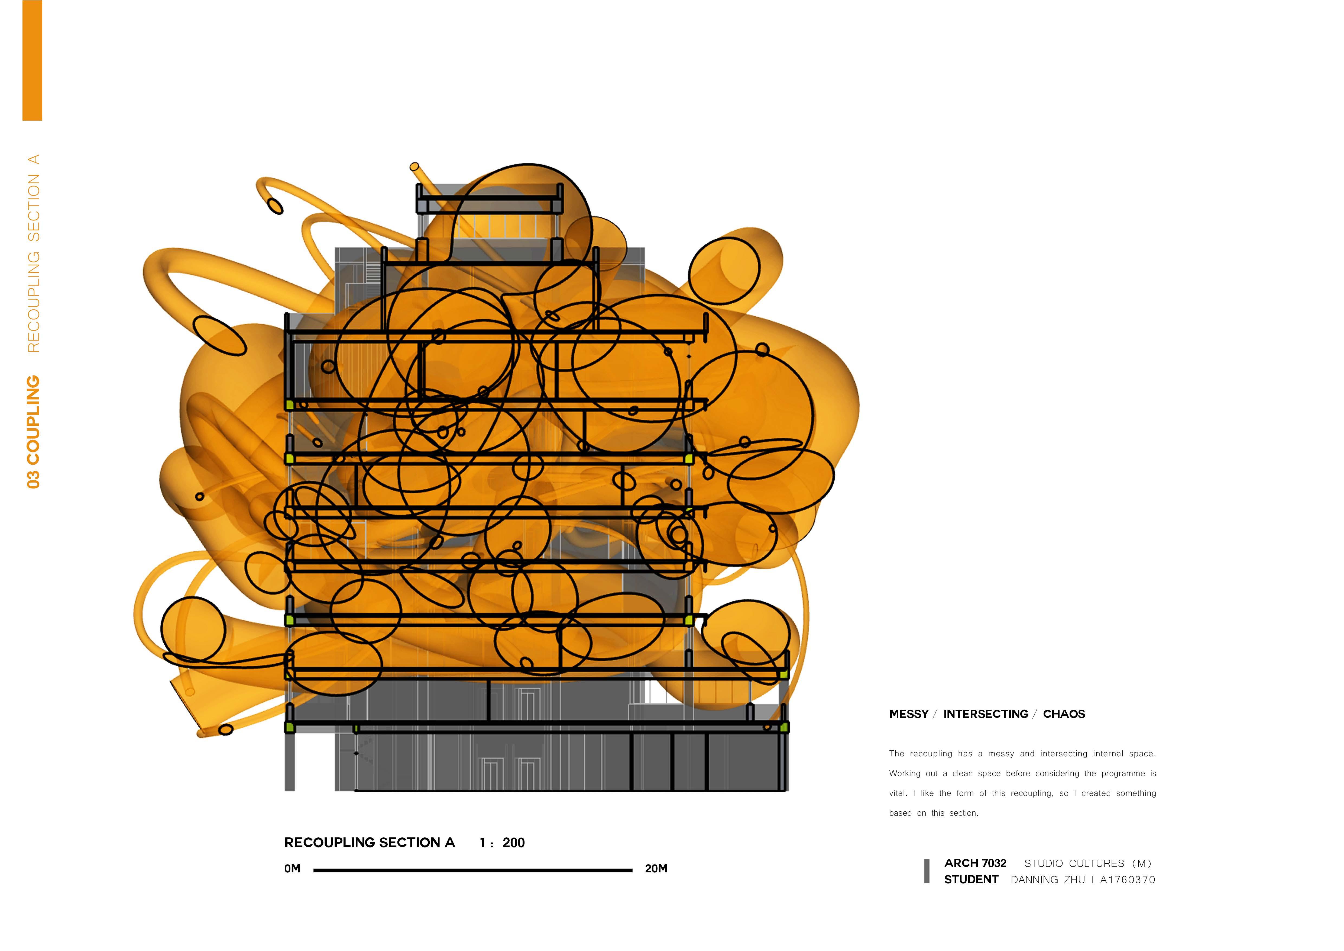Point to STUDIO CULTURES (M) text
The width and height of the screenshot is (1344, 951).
coord(1088,864)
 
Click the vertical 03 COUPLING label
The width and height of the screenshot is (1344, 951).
coord(33,432)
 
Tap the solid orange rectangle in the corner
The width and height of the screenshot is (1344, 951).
coord(32,60)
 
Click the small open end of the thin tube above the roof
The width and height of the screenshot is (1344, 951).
coord(414,167)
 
